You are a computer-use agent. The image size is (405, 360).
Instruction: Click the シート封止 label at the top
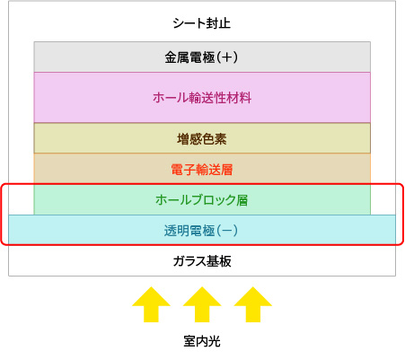(202, 23)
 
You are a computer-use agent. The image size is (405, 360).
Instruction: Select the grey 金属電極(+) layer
(202, 57)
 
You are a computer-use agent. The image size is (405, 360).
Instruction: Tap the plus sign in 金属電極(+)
(227, 57)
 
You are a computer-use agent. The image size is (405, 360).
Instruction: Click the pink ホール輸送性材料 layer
(202, 98)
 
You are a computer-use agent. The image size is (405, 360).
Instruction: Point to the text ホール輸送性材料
(202, 98)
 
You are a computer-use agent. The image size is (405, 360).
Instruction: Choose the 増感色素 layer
(202, 138)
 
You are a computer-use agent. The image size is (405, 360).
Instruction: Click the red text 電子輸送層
(202, 170)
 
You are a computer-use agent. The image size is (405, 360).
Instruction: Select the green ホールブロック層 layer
(202, 199)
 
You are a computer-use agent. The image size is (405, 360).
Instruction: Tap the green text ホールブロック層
(202, 200)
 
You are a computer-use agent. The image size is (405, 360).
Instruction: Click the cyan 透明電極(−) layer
(202, 230)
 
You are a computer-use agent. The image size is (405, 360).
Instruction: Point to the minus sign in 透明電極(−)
(227, 231)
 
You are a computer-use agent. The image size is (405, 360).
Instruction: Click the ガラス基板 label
(202, 261)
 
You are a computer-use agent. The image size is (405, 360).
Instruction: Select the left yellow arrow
(151, 304)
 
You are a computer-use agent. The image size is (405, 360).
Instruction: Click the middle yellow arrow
(202, 304)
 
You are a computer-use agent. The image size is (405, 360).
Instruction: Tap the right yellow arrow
(253, 304)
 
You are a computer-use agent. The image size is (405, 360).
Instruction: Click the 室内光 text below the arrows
(202, 341)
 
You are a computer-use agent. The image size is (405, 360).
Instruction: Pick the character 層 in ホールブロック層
(242, 200)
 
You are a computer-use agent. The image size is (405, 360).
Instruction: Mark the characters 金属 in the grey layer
(177, 57)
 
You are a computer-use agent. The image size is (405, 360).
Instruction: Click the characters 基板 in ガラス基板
(219, 261)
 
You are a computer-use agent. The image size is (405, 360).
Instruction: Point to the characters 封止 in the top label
(218, 23)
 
